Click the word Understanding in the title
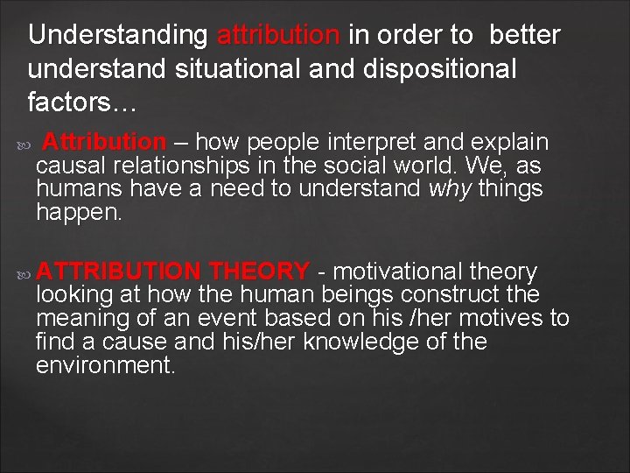(x=117, y=36)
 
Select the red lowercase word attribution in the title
(x=278, y=36)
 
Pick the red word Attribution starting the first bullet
(x=104, y=142)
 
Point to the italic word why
(x=449, y=188)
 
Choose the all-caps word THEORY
(x=260, y=272)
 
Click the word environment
(x=105, y=365)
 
